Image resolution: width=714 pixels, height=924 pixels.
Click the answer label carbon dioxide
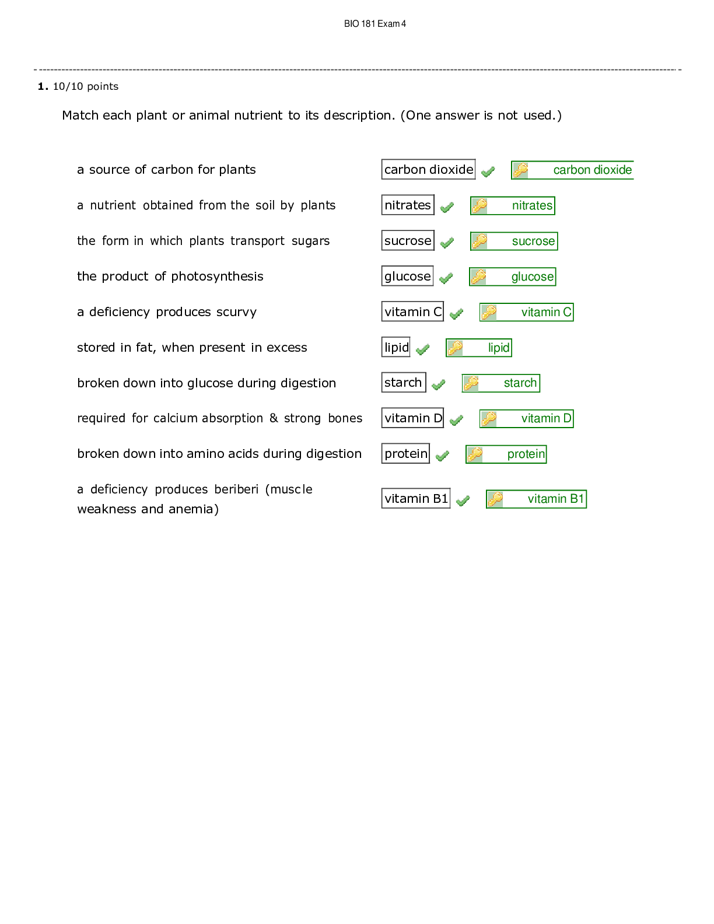[x=592, y=170]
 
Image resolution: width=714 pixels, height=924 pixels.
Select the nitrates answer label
[x=532, y=205]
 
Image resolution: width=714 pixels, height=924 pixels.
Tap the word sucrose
[x=533, y=241]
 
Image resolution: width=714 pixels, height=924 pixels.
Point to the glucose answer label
[x=532, y=276]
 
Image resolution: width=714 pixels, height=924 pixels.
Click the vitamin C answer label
[x=546, y=312]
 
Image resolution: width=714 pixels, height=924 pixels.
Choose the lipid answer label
[x=499, y=348]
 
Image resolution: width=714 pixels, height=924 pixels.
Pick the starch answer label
[x=520, y=383]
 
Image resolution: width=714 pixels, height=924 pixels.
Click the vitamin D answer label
[x=546, y=418]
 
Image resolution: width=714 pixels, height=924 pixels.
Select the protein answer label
[x=526, y=454]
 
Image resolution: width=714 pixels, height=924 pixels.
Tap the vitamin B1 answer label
[x=555, y=499]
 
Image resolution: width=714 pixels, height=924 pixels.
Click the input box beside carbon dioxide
[x=428, y=169]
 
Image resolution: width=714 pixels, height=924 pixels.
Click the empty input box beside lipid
[x=395, y=347]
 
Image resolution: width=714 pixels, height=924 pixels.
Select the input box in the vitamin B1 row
[x=416, y=498]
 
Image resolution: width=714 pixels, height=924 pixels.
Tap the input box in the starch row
[x=404, y=382]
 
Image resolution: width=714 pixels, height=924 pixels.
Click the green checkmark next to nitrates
[x=446, y=208]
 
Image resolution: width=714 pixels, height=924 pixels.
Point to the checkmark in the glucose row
[x=446, y=279]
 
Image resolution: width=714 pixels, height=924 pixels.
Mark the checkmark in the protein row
[x=442, y=456]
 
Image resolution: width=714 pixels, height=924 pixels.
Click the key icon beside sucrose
[x=480, y=241]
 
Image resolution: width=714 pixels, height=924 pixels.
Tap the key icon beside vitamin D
[x=489, y=418]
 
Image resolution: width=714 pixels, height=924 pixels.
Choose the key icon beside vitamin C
[x=489, y=312]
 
